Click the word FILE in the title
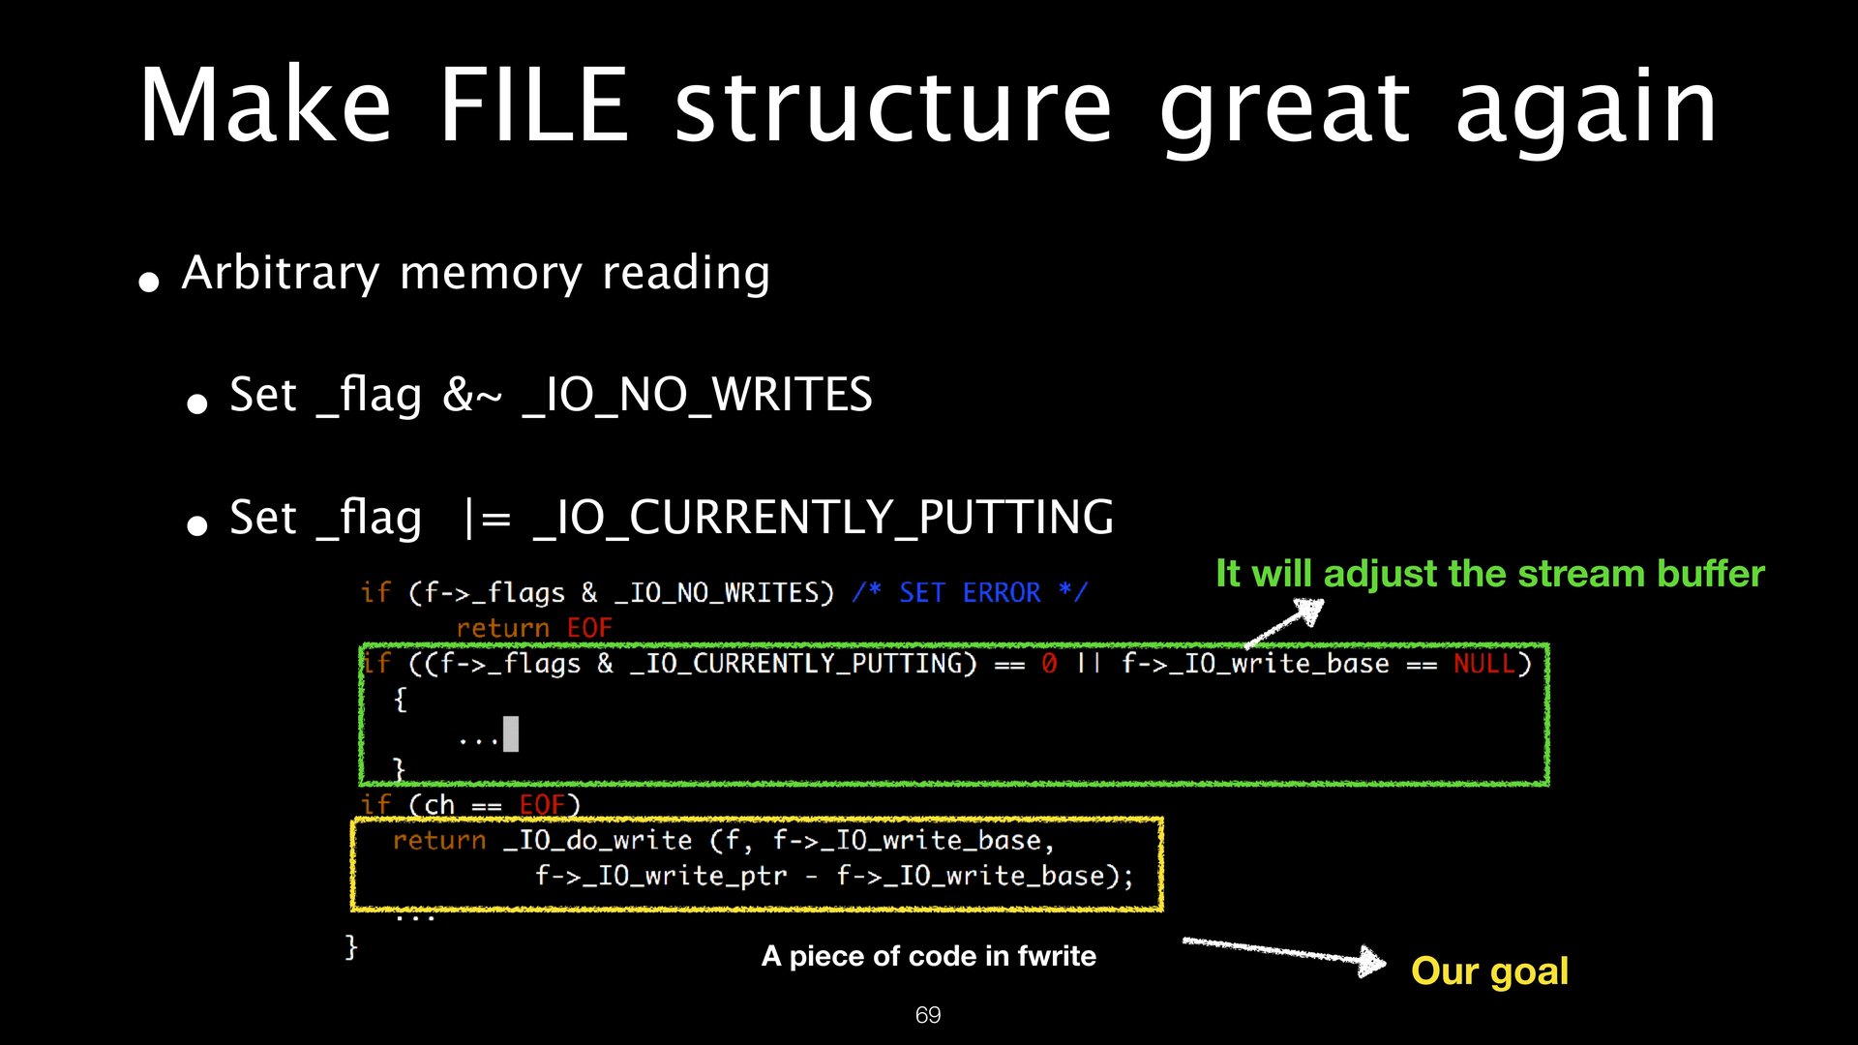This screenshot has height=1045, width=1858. tap(534, 106)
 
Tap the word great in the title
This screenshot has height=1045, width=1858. tap(1284, 108)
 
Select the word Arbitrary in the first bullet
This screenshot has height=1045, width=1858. tap(281, 274)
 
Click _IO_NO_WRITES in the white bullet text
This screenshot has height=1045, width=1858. tap(697, 396)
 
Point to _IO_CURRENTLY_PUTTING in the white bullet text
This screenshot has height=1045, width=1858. tap(824, 518)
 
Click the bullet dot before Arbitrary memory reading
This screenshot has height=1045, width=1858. tap(149, 283)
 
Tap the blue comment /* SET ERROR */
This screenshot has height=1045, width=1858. tap(970, 592)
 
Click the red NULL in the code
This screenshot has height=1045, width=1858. tap(1483, 664)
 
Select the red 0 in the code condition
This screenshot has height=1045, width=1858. tap(1049, 664)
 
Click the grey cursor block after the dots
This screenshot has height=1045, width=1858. tap(511, 734)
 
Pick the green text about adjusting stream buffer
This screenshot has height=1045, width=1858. tap(1490, 574)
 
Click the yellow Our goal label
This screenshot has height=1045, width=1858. tap(1489, 970)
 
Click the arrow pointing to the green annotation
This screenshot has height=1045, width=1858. tap(1285, 622)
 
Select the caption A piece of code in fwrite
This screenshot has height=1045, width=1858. tap(929, 956)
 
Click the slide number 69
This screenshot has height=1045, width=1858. tap(928, 1015)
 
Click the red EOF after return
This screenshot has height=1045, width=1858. tap(589, 628)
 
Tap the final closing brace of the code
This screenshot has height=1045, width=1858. tap(351, 945)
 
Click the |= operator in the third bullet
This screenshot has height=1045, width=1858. tap(488, 519)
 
